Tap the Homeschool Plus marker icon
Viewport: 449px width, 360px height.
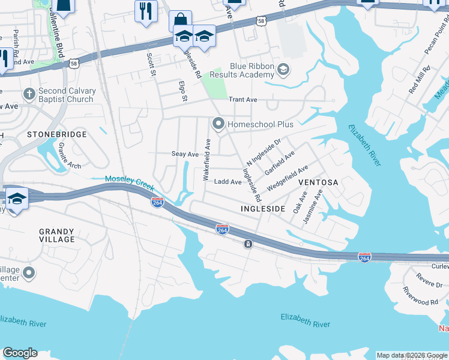click(x=218, y=124)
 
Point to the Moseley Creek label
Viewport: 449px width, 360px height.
click(x=129, y=181)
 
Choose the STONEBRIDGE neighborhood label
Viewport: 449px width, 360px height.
click(x=58, y=134)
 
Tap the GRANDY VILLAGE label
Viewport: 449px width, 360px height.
click(x=56, y=235)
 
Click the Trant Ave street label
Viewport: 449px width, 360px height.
click(x=243, y=100)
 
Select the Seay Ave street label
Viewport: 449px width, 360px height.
click(x=185, y=154)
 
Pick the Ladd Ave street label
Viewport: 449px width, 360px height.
click(x=228, y=182)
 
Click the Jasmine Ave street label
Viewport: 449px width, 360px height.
click(x=313, y=206)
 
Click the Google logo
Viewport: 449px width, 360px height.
click(x=20, y=353)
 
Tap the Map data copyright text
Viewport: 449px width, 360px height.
click(x=411, y=355)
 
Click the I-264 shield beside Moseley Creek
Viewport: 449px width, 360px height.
click(x=157, y=203)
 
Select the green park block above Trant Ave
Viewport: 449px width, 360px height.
click(x=215, y=85)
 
